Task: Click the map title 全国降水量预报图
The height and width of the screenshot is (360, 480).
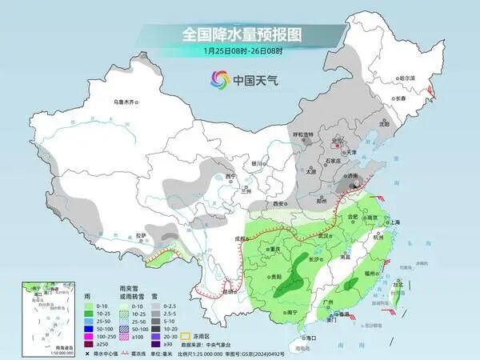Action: (239, 34)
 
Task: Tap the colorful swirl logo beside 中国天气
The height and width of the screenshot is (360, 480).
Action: (218, 79)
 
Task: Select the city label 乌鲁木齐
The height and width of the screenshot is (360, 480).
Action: (126, 102)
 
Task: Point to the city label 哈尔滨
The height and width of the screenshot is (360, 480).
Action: (407, 78)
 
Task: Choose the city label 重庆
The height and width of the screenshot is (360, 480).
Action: (277, 249)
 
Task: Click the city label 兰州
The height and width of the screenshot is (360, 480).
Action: (246, 191)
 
